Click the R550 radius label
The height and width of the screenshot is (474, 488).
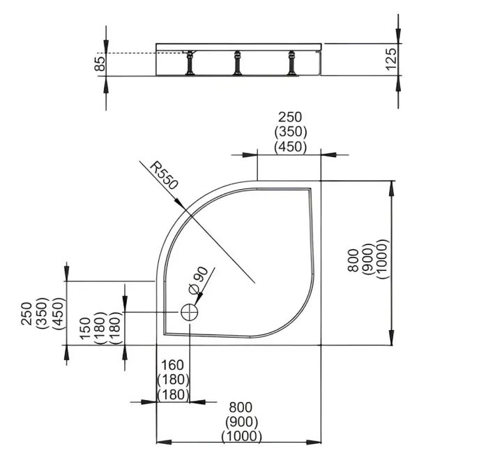pos(164,176)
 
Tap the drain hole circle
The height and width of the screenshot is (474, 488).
pos(190,312)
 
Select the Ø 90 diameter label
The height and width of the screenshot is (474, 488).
pos(198,279)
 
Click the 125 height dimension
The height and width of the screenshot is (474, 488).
pos(391,59)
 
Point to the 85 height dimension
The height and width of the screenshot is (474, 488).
pos(100,64)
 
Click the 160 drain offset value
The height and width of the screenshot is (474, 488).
pos(172,365)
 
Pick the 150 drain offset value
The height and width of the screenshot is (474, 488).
pos(85,328)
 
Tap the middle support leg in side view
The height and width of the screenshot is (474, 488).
pos(238,63)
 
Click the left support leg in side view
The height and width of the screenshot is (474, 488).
pos(190,63)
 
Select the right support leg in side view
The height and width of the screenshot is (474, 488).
pos(292,63)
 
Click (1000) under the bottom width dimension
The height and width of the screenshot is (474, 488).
pos(241,436)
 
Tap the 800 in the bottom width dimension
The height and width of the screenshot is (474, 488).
pos(241,407)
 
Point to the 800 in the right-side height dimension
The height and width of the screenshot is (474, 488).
pos(353,260)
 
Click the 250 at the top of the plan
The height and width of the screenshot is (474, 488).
pos(290,117)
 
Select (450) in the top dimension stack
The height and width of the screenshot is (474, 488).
pos(291,147)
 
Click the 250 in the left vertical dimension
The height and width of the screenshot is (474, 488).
pos(26,313)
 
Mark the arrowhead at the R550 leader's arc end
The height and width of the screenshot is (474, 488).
pos(180,203)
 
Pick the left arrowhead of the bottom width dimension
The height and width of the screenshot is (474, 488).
pos(164,442)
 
